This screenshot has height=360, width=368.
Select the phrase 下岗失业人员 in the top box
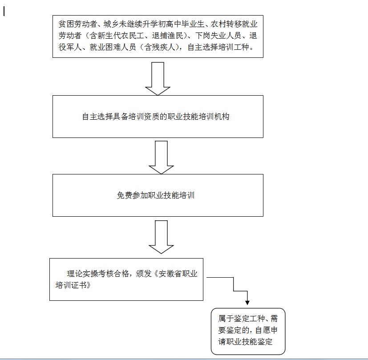point(218,36)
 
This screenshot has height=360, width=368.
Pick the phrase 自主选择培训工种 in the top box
point(218,48)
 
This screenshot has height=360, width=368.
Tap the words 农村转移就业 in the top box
point(234,24)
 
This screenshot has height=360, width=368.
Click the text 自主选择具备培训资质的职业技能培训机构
point(156,117)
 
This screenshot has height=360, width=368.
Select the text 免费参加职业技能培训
point(156,195)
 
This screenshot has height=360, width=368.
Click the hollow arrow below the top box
point(158,79)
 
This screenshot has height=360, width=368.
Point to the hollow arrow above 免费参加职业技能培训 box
point(161,158)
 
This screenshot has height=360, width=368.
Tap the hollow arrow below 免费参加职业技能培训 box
point(161,237)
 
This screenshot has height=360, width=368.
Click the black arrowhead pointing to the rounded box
point(247,303)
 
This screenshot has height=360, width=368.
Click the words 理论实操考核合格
point(98,274)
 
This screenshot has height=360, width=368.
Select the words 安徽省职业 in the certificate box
point(178,274)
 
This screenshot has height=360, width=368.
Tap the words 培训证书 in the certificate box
point(71,285)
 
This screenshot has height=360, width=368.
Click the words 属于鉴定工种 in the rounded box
point(241,319)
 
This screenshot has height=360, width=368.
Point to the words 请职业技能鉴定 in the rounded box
point(245,341)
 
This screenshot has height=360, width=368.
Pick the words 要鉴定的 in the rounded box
point(234,330)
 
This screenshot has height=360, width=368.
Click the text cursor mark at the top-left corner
point(4,11)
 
